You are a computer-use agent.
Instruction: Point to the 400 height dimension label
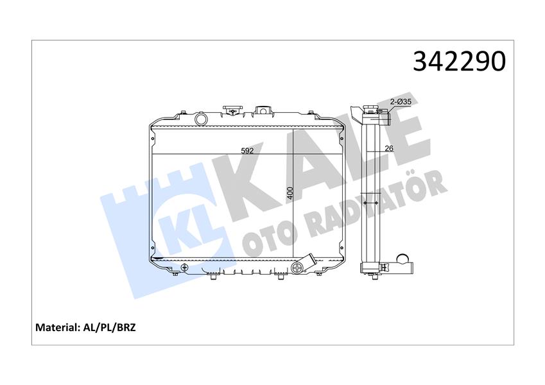point(290,193)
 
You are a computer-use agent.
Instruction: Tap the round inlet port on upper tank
point(201,119)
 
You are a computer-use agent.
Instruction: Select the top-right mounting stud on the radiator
point(313,114)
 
